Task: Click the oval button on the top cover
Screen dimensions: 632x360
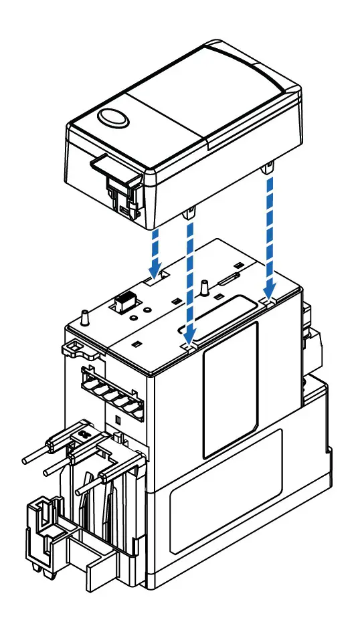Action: (x=112, y=118)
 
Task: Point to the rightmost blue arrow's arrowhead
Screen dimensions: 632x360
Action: (x=269, y=293)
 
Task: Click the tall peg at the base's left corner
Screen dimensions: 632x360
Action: (x=85, y=316)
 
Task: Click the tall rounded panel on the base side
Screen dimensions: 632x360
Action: (x=231, y=388)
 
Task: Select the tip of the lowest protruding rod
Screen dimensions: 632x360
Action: (x=80, y=491)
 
